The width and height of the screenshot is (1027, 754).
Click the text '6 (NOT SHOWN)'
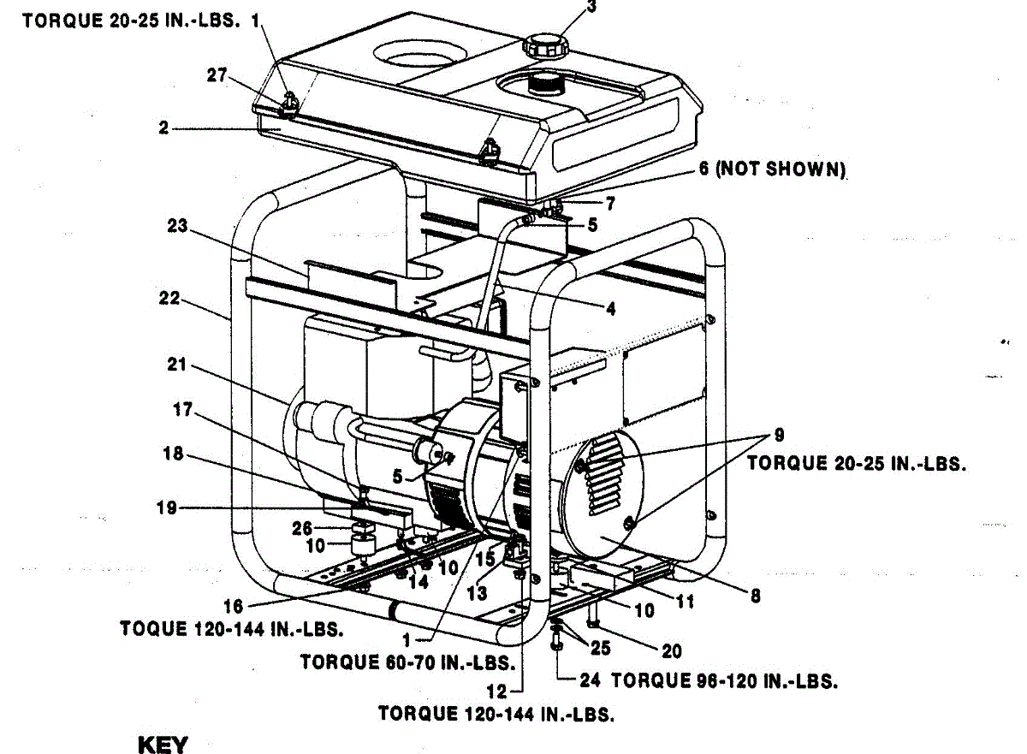[x=772, y=169]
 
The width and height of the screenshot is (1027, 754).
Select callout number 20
[x=672, y=651]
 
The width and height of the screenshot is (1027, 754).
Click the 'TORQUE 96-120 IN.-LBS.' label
[x=723, y=681]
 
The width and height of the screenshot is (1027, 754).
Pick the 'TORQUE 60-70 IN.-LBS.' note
[x=407, y=662]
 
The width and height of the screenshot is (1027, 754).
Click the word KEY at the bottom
[x=162, y=744]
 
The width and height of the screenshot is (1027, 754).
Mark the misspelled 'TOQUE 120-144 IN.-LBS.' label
[x=232, y=629]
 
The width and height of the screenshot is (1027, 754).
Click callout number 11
[x=685, y=603]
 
